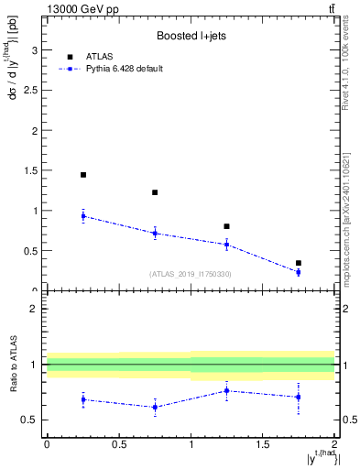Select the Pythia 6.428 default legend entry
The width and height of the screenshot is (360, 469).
pos(125,69)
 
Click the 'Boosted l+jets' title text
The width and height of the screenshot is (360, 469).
pos(189,37)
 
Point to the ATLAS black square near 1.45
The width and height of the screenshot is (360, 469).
pos(83,174)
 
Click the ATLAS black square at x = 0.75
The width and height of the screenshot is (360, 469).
pos(155,192)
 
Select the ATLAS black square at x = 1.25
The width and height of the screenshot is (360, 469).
pos(226,226)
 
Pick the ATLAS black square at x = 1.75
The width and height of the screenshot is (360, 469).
pos(299,263)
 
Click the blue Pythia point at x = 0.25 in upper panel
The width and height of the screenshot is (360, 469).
pos(83,216)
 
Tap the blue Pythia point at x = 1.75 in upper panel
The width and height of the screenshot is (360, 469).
pos(299,272)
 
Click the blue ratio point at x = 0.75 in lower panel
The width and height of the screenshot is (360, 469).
pos(155,408)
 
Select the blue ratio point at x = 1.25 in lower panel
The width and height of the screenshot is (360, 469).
pos(226,390)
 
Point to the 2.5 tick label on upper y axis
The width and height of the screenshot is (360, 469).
pos(33,90)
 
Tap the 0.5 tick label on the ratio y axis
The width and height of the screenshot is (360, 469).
pos(33,420)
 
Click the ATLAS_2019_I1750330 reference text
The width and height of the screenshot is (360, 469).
pos(191,274)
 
